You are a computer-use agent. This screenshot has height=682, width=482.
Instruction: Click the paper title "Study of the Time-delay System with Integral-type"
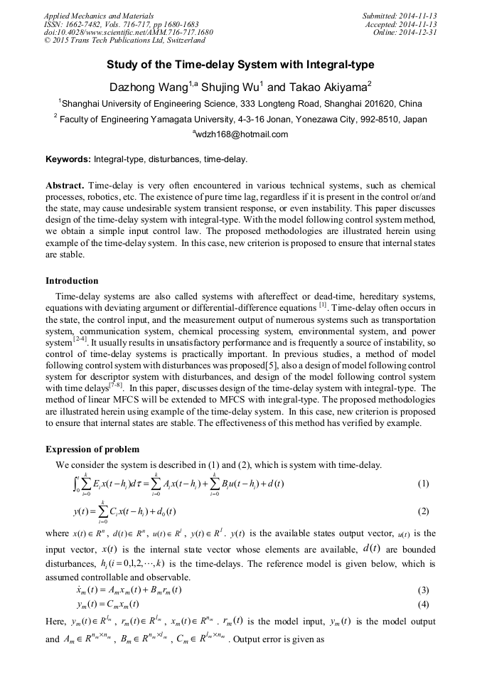coord(240,65)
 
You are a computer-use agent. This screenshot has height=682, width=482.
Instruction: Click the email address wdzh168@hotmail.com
coord(241,134)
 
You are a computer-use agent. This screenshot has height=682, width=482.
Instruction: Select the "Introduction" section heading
coord(72,281)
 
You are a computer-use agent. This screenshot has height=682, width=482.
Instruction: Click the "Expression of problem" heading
coord(92,449)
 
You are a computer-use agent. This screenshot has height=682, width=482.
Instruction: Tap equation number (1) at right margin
coord(423,484)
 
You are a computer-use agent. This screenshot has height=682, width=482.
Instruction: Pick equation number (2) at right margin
coord(423,511)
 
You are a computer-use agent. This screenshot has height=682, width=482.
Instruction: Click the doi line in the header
coord(128,32)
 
